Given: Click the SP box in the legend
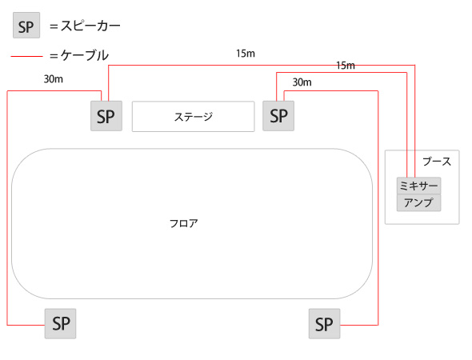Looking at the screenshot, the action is pyautogui.click(x=26, y=26).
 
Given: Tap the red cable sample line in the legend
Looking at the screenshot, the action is pyautogui.click(x=26, y=56).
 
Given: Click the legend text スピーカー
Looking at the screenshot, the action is pyautogui.click(x=90, y=26).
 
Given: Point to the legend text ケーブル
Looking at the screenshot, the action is pyautogui.click(x=85, y=55).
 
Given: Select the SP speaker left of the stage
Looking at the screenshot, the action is pyautogui.click(x=106, y=116).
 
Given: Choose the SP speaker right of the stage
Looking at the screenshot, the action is pyautogui.click(x=278, y=116).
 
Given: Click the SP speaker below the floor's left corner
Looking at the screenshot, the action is pyautogui.click(x=61, y=323).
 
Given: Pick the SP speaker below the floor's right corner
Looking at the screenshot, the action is pyautogui.click(x=325, y=323).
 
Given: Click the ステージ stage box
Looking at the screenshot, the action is pyautogui.click(x=194, y=117).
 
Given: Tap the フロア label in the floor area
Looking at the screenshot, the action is pyautogui.click(x=184, y=224).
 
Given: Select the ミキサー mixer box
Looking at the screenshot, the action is pyautogui.click(x=418, y=186).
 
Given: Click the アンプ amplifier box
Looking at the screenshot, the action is pyautogui.click(x=418, y=202).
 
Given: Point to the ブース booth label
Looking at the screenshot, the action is pyautogui.click(x=437, y=162).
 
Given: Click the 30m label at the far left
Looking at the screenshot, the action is pyautogui.click(x=54, y=79).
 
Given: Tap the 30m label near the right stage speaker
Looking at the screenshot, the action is pyautogui.click(x=302, y=82).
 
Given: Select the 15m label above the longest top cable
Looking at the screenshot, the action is pyautogui.click(x=246, y=54).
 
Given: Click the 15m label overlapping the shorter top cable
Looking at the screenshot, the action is pyautogui.click(x=346, y=66).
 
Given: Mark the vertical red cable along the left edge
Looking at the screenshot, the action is pyautogui.click(x=7, y=208).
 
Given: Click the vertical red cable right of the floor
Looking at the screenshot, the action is pyautogui.click(x=378, y=208).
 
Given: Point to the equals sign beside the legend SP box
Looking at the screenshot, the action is pyautogui.click(x=54, y=26).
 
